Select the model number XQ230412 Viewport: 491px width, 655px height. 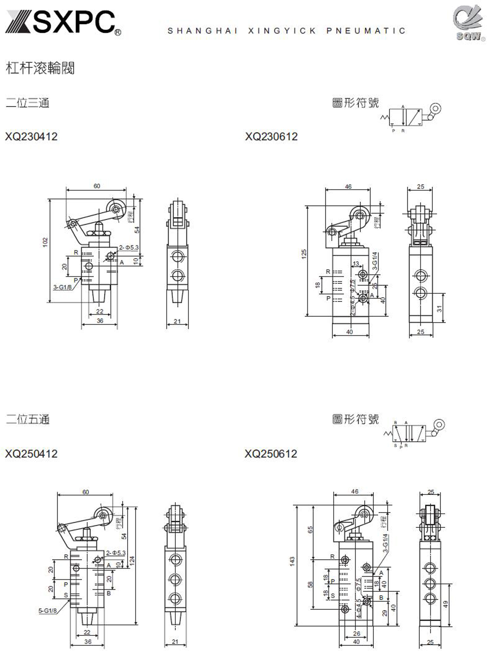coord(31,136)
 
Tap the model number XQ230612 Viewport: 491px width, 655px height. coord(272,136)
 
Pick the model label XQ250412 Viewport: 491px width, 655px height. coord(31,454)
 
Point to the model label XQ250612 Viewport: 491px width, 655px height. coord(271,454)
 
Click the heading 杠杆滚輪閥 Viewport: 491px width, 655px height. coord(40,68)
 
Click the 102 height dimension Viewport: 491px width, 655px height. coord(45,242)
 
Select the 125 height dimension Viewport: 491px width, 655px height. coord(304,254)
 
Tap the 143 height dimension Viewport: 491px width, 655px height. coord(292,560)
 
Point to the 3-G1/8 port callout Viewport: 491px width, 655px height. coord(62,287)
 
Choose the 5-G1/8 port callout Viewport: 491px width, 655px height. coord(48,611)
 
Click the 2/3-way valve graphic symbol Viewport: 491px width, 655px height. coord(410,117)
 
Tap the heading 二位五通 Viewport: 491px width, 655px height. coord(27,419)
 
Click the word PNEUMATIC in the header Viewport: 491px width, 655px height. coord(366,30)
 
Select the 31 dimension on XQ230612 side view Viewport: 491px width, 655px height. coord(440,308)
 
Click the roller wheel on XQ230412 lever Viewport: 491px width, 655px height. coord(117,209)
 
